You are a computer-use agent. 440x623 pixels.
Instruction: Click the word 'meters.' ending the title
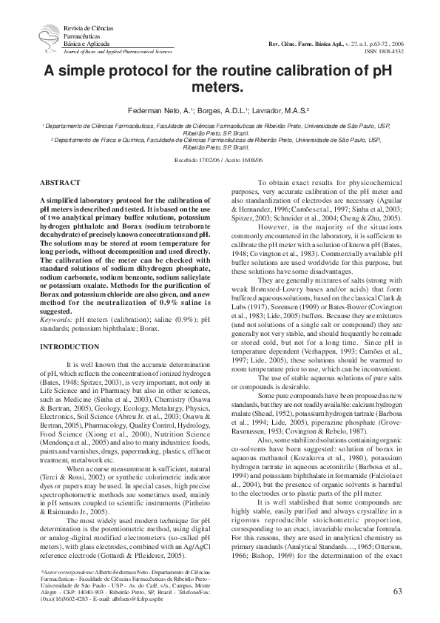[219, 89]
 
